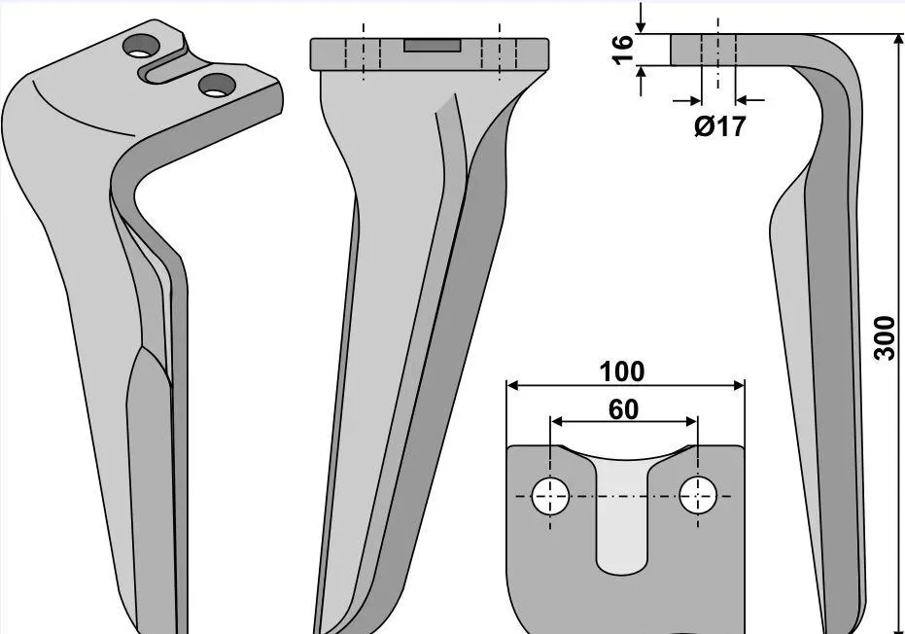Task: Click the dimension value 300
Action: point(885,337)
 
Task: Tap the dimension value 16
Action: point(623,50)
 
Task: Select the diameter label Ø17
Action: point(719,125)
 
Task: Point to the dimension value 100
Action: point(621,371)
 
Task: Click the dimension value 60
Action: point(624,409)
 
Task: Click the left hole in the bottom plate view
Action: point(550,496)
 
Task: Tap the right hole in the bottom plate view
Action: point(698,495)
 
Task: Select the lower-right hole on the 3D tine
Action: point(217,86)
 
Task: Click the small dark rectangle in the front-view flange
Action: point(433,46)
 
